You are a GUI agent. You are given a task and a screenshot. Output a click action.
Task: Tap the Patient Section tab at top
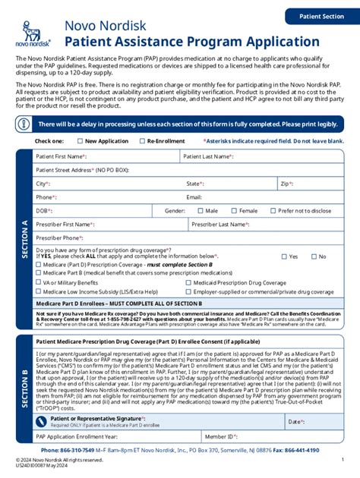coord(321,16)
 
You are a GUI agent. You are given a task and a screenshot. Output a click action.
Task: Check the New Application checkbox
coord(80,141)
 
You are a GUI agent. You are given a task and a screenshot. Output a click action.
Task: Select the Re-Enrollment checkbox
coord(142,141)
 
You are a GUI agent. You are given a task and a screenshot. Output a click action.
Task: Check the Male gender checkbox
coord(200,211)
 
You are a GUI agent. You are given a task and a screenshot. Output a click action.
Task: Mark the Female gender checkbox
coord(234,211)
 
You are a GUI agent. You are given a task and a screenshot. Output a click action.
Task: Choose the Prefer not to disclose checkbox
coord(273,211)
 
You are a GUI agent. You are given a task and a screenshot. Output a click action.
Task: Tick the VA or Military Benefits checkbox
coord(37,282)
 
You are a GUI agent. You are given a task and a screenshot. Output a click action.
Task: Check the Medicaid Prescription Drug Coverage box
coord(188,282)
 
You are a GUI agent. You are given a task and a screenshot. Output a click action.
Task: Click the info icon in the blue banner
coord(26,124)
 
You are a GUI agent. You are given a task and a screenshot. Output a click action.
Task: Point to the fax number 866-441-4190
coord(324,451)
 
